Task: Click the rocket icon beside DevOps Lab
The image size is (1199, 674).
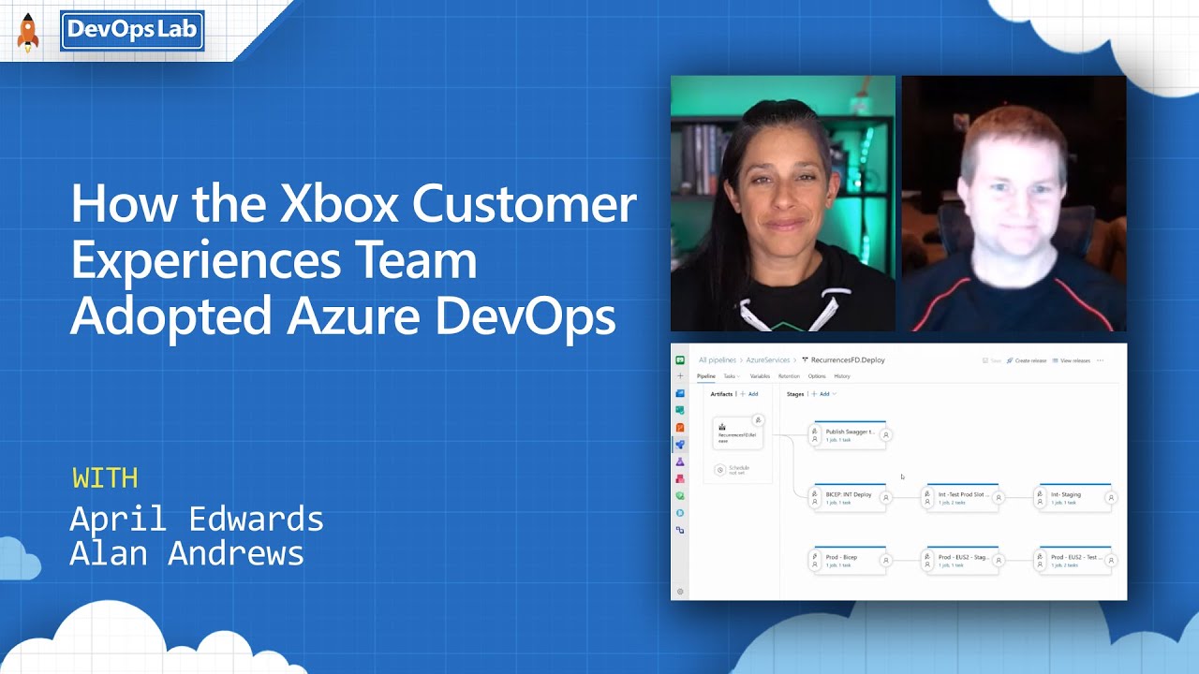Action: (x=28, y=34)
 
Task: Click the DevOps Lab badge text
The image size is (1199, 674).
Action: (x=132, y=30)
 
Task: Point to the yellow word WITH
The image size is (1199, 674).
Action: (x=105, y=477)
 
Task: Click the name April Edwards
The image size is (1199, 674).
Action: (x=197, y=518)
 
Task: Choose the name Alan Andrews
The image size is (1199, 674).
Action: (x=187, y=552)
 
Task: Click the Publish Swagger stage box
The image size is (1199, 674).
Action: (x=849, y=434)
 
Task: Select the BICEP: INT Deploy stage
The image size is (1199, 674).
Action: (x=849, y=497)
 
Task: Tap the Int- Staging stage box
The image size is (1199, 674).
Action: (x=1073, y=497)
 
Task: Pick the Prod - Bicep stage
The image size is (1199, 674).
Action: (x=849, y=560)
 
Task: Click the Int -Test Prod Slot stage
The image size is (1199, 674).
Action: (x=961, y=497)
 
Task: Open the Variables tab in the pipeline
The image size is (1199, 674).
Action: (x=760, y=376)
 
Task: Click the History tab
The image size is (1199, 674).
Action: (x=842, y=376)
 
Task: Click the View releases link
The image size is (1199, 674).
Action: (x=1073, y=360)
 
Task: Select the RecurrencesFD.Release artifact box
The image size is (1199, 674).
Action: (x=737, y=434)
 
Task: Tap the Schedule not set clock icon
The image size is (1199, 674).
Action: (x=720, y=470)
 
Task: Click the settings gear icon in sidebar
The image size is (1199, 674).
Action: (x=680, y=592)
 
